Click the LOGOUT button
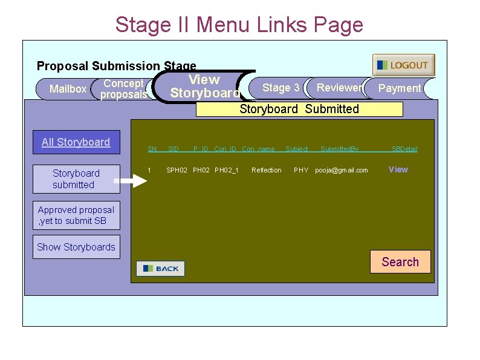point(403,65)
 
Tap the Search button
point(400,262)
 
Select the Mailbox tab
point(67,89)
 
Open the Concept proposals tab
point(123,89)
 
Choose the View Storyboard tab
point(204,87)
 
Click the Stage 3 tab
point(281,88)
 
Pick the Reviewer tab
point(339,88)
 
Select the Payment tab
point(399,88)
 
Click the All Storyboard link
point(76,142)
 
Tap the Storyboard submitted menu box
point(76,179)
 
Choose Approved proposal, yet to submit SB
point(76,215)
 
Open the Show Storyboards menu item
point(76,247)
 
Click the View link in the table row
point(398,169)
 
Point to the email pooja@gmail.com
point(342,171)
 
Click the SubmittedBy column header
point(339,149)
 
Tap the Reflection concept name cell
point(267,171)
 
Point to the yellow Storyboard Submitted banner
point(299,109)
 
